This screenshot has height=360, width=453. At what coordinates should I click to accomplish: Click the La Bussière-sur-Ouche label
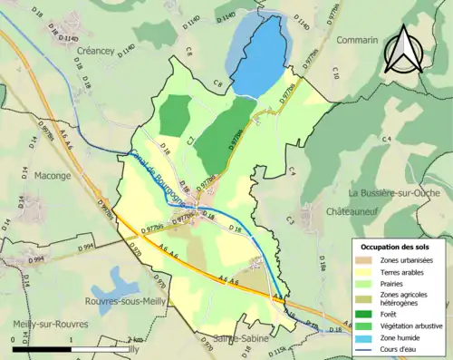(396, 192)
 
